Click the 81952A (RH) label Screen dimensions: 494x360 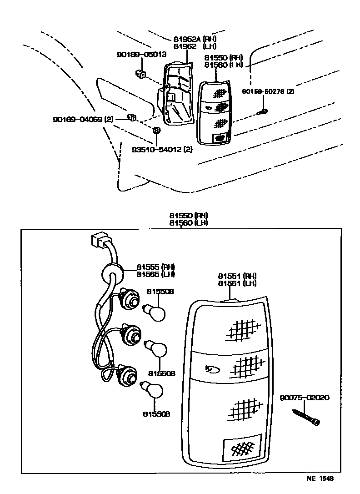195,39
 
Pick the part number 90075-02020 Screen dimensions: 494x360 304,398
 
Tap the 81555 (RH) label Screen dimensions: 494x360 156,267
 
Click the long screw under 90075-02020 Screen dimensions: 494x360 305,417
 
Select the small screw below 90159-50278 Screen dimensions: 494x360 263,111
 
